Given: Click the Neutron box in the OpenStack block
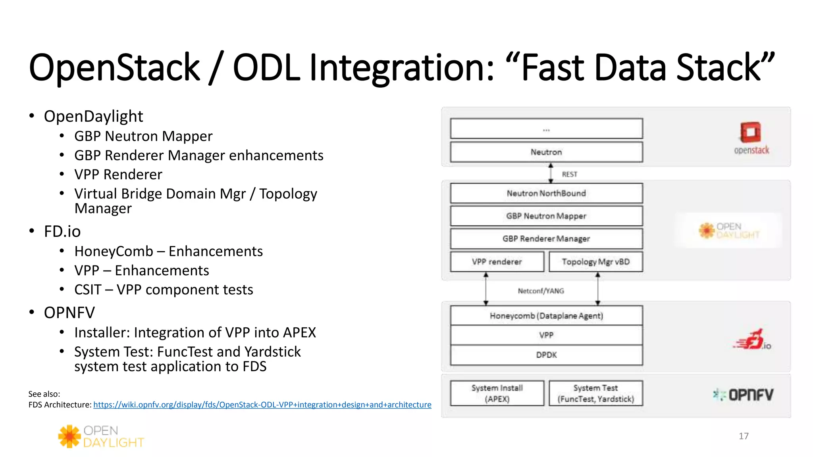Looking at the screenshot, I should tap(546, 152).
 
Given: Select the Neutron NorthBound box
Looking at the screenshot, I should tap(546, 193).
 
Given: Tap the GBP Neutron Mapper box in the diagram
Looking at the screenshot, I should tap(546, 216).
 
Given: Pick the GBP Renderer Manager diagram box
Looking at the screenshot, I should tap(546, 238).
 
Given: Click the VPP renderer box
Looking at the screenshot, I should tap(497, 262).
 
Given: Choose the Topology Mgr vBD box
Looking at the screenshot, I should tap(595, 262).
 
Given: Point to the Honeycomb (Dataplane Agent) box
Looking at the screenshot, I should tap(546, 316).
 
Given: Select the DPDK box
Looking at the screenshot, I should tap(546, 355).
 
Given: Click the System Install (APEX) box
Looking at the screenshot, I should tap(497, 393).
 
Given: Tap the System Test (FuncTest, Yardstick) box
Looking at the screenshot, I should tap(595, 393).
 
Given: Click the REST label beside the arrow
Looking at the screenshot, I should tap(569, 174).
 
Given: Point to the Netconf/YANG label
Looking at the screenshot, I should tap(541, 291).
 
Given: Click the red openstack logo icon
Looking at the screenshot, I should tap(750, 132).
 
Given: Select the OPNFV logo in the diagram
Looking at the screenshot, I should tap(743, 395).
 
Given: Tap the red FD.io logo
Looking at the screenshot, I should tap(751, 340).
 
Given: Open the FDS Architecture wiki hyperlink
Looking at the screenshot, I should tap(262, 405).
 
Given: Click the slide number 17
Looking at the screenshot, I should tap(744, 436).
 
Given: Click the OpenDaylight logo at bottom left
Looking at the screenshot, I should tap(101, 436).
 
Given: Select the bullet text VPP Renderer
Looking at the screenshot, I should tap(118, 175).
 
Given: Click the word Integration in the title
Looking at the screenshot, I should tap(401, 68).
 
